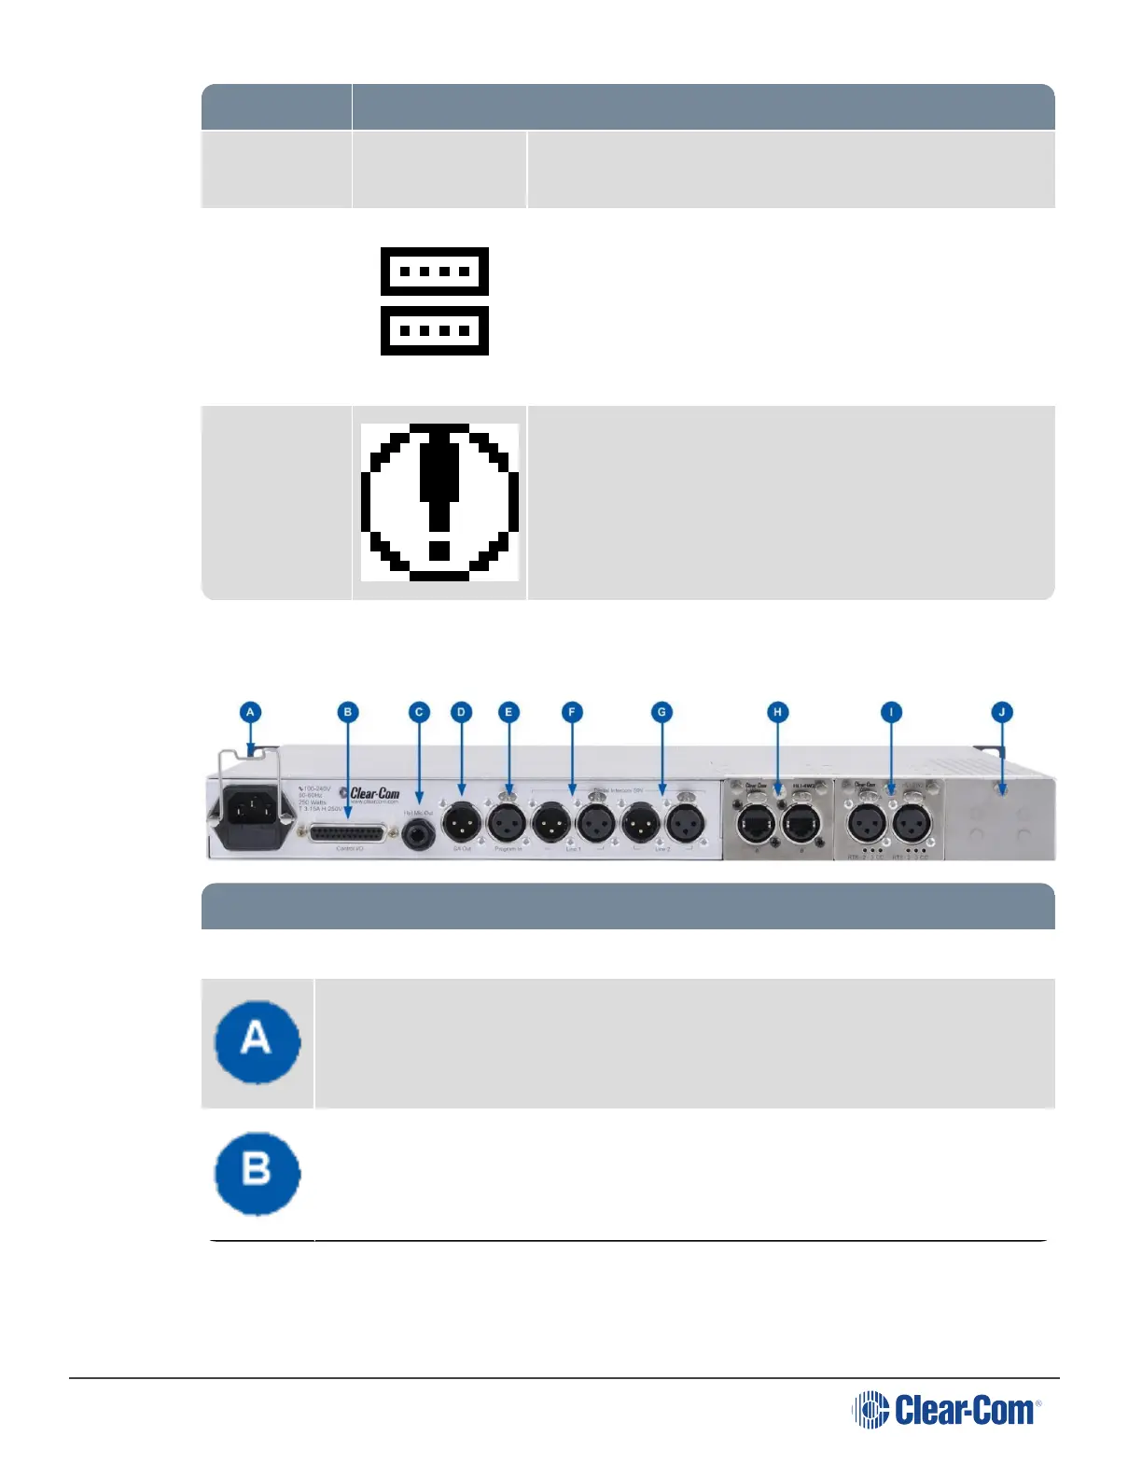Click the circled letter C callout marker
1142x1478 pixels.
pos(419,712)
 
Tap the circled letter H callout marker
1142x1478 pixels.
pos(778,712)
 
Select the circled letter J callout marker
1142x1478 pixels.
pos(1002,712)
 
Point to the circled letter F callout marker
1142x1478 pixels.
pos(572,712)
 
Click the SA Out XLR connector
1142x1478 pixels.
pos(462,824)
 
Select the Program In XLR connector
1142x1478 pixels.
pos(508,824)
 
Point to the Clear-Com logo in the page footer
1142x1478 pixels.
pos(946,1410)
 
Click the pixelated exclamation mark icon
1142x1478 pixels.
pos(439,502)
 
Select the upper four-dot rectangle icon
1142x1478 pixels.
pos(435,272)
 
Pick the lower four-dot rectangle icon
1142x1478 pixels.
pos(435,330)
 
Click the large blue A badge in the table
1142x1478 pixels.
pos(258,1041)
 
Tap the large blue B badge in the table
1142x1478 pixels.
pos(258,1173)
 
